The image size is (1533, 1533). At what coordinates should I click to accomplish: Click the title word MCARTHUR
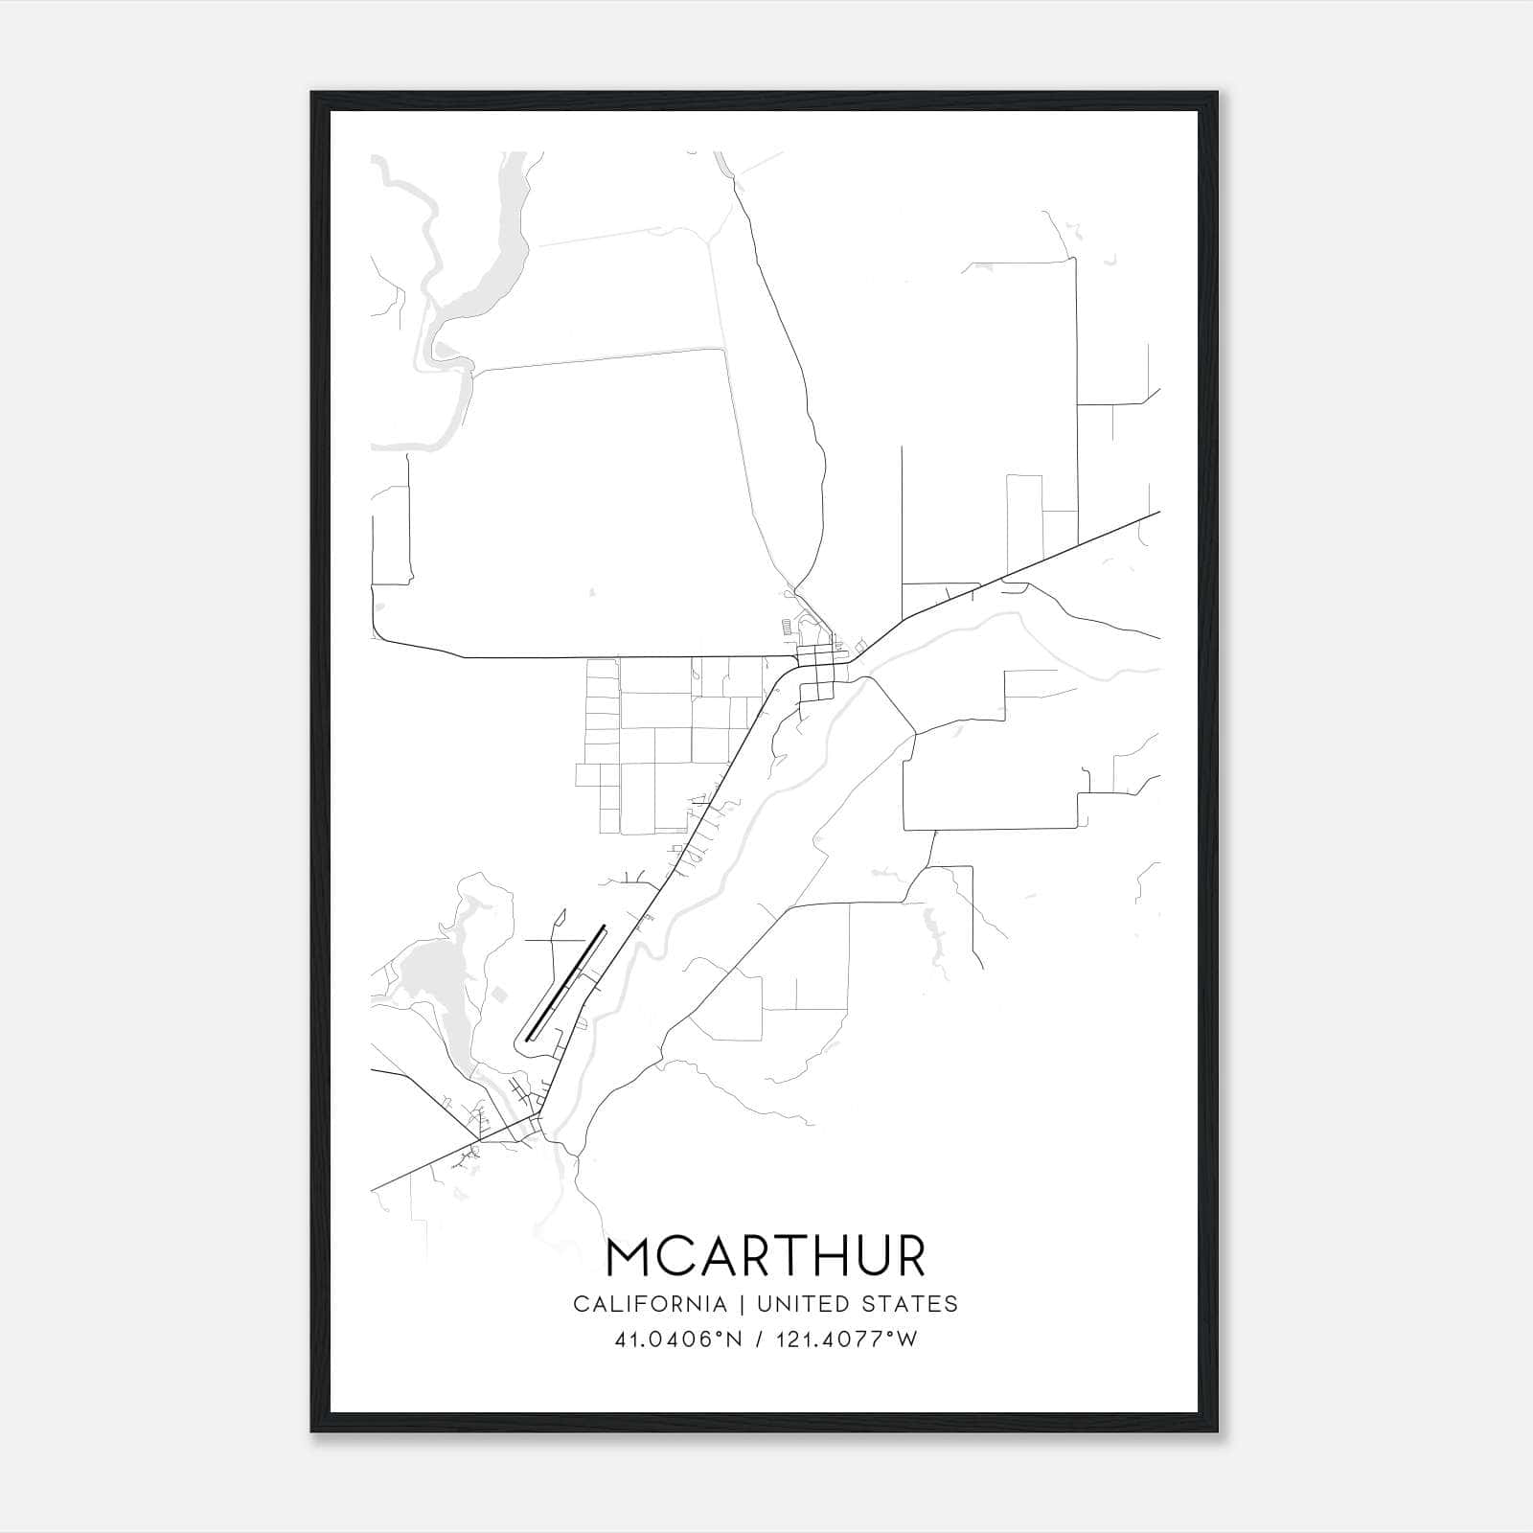pos(766,1256)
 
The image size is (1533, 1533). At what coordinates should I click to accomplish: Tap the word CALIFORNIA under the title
pos(649,1304)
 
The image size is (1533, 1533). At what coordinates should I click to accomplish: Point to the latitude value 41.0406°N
pos(678,1339)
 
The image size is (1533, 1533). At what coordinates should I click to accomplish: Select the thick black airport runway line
pos(566,981)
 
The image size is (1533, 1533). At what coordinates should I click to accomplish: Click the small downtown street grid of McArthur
pos(820,671)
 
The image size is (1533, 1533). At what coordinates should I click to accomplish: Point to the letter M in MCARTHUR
pos(632,1256)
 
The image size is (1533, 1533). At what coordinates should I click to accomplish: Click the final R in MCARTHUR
pos(908,1256)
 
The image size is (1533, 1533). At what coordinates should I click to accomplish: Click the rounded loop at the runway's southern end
pos(523,1041)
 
